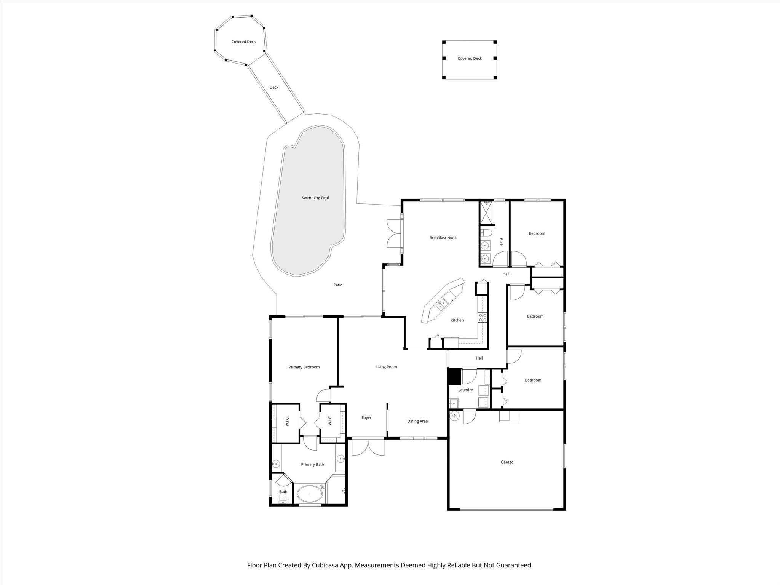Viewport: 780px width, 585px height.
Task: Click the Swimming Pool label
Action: pos(315,198)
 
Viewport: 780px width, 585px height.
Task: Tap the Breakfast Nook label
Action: pos(443,238)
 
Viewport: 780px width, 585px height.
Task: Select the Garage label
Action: pos(507,462)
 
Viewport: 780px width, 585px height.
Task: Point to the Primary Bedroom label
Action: pos(304,367)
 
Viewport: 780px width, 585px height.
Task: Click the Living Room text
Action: pos(386,367)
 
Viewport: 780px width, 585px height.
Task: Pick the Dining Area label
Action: pos(417,421)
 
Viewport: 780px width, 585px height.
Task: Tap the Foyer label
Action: pos(366,417)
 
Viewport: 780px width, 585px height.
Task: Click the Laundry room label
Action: pos(465,390)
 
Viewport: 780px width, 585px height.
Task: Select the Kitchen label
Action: pos(457,320)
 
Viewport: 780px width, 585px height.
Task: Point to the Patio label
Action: pos(338,285)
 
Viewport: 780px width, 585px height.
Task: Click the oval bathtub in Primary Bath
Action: pos(310,494)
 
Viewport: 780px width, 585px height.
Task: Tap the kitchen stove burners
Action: pos(483,317)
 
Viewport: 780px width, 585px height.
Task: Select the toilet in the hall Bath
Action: pos(486,233)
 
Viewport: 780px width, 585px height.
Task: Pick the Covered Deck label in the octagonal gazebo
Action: pos(243,42)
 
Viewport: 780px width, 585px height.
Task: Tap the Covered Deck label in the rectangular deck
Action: pos(470,58)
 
